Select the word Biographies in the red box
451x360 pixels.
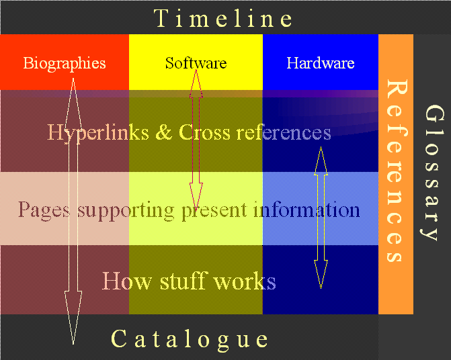click(x=65, y=63)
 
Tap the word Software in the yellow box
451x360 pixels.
click(x=196, y=63)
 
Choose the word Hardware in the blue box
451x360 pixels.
click(x=320, y=63)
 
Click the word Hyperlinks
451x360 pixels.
click(x=99, y=132)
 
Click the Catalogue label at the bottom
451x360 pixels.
click(x=190, y=339)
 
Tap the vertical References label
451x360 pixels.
click(x=397, y=171)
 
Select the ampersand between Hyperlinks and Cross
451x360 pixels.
click(x=163, y=132)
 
